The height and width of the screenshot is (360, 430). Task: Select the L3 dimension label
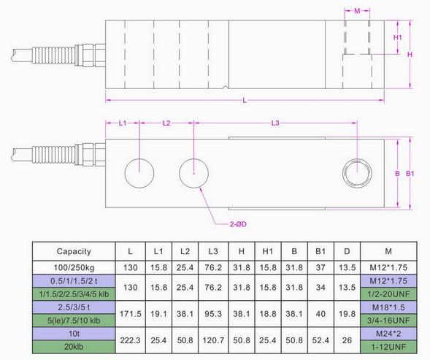pos(274,124)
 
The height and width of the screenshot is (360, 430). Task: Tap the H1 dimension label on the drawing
pos(398,37)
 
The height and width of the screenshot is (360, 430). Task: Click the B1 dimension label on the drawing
pos(410,174)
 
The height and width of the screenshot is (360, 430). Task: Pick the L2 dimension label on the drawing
pos(166,124)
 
